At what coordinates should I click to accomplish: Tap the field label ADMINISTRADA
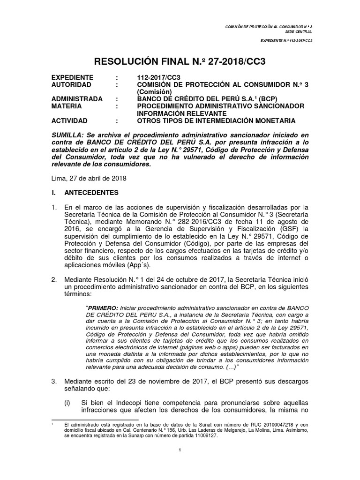click(76, 99)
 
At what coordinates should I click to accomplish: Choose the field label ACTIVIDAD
click(70, 121)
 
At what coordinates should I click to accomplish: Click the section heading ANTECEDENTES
click(91, 193)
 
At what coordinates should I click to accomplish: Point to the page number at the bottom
click(180, 450)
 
